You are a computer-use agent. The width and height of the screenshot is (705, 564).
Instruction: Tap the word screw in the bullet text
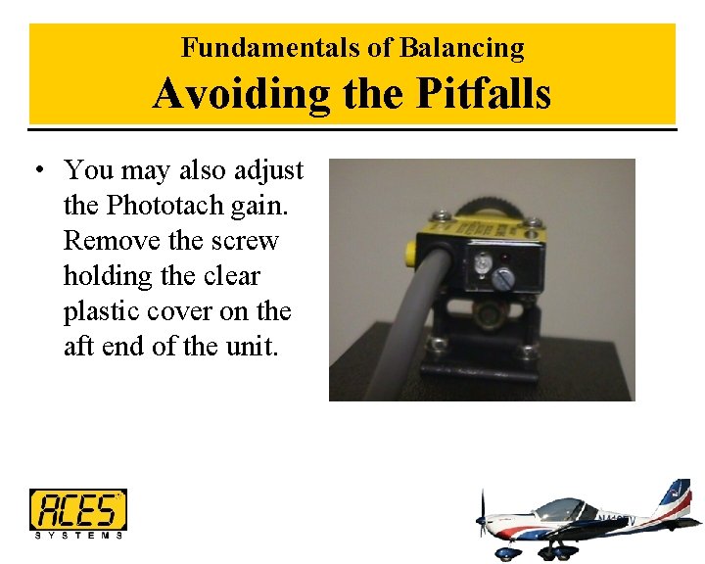pos(246,241)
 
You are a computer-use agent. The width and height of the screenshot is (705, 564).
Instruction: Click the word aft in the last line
pos(79,347)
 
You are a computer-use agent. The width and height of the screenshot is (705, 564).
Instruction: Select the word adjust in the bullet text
pos(269,171)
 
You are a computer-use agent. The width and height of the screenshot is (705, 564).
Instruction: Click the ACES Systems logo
pos(78,513)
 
